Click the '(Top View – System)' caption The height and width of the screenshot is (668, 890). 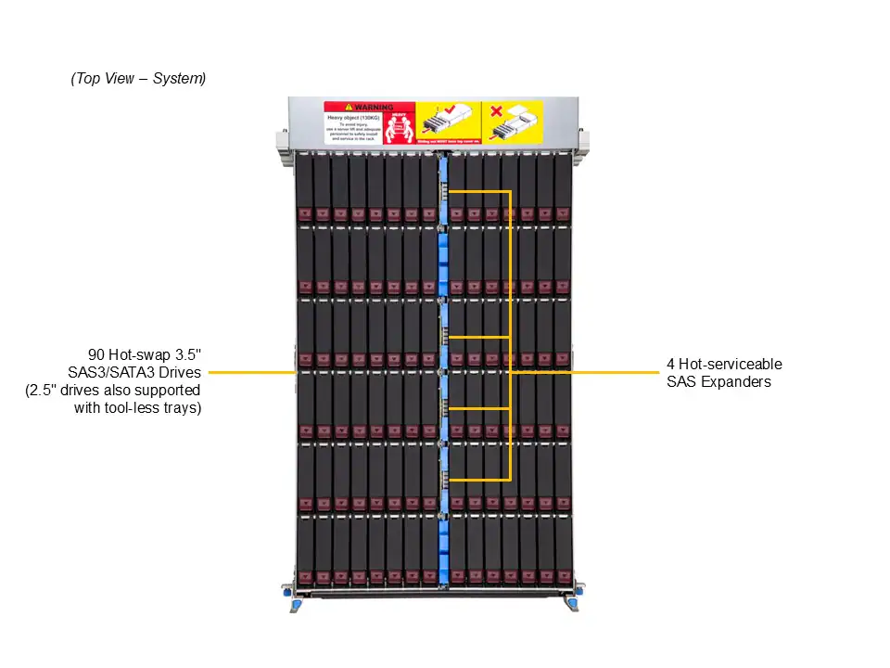[138, 79]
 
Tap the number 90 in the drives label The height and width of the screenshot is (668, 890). [96, 355]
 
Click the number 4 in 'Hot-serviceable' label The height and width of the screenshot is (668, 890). [670, 364]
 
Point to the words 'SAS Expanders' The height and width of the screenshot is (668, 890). [718, 381]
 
